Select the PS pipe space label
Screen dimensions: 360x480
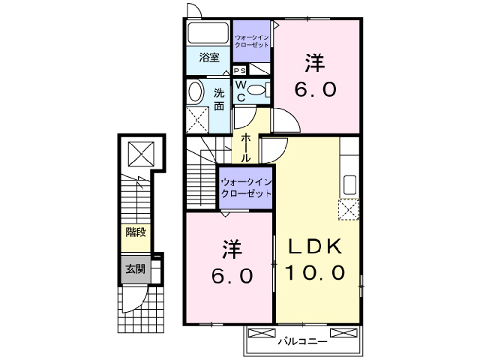(240, 70)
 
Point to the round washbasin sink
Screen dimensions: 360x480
(195, 92)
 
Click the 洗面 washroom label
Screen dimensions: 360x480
(218, 99)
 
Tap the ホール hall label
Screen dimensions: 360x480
(246, 148)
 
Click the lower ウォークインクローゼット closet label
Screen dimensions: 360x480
(246, 187)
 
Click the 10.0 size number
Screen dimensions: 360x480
(313, 273)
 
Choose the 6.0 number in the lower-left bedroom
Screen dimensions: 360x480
(229, 275)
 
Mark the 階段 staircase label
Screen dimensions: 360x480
(136, 233)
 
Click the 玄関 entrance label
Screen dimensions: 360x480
(135, 268)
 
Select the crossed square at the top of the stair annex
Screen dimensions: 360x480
(139, 154)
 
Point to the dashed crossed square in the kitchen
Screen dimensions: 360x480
(349, 211)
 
